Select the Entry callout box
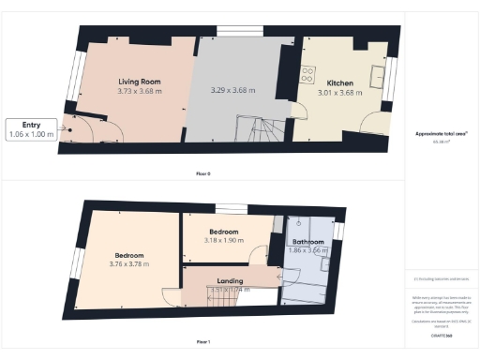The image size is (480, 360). [x=31, y=129]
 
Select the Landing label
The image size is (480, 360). [x=230, y=280]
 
